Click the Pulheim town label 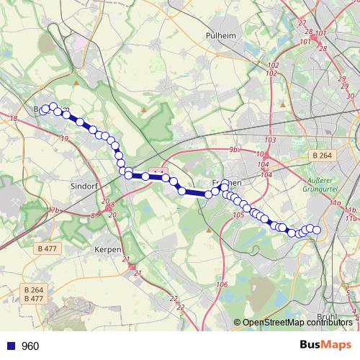coord(217,35)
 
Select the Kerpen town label coord(108,249)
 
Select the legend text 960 coord(30,346)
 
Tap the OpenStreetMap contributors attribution coord(293,323)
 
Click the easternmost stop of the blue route coord(316,230)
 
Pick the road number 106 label coord(222,285)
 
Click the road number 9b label coord(233,149)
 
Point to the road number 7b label coord(55,210)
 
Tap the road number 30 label coord(351,96)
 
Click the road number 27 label coord(301,24)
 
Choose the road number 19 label coord(65,138)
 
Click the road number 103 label coord(271,140)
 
